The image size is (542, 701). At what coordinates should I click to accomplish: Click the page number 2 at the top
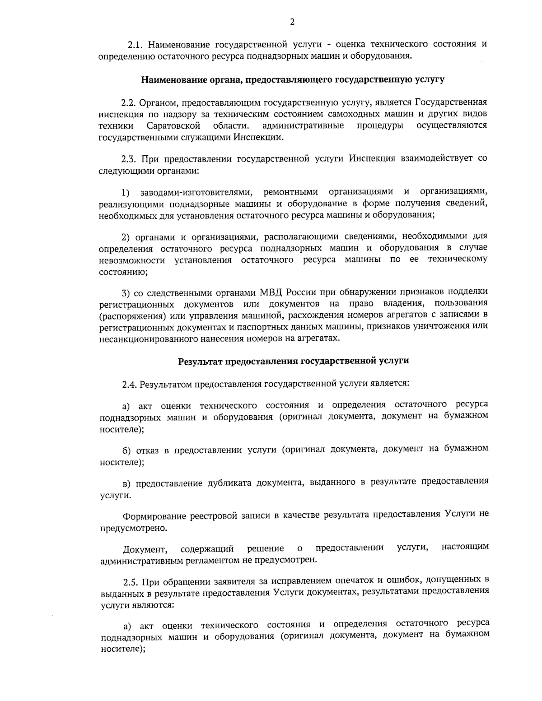(292, 23)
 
